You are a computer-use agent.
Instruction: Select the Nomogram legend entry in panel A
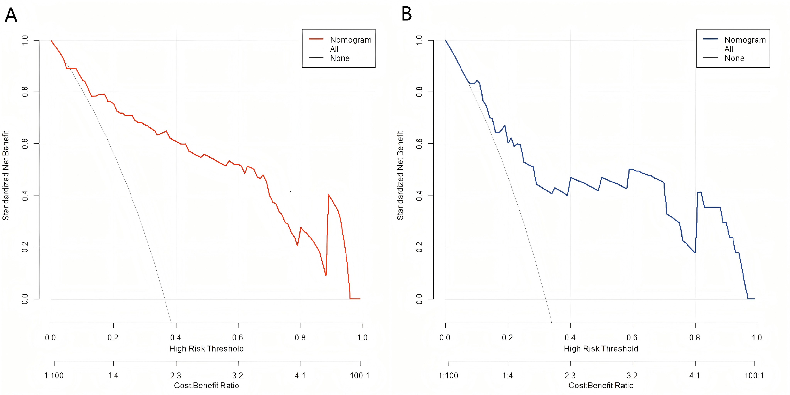(350, 40)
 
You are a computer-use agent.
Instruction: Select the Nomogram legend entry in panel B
(745, 40)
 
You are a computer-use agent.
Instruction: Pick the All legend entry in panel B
(729, 49)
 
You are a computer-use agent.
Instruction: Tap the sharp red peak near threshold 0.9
(328, 195)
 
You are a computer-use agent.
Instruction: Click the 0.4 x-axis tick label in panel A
(176, 337)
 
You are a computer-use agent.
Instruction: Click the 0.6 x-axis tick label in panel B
(632, 337)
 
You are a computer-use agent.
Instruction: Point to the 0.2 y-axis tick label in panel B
(419, 247)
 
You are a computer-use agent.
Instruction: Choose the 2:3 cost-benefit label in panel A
(176, 375)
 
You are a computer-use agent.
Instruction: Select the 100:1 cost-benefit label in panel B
(754, 375)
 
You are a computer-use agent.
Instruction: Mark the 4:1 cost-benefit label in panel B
(695, 375)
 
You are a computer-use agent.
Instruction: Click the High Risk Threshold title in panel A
(206, 349)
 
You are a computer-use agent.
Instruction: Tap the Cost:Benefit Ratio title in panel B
(601, 386)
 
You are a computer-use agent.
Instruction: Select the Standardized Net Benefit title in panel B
(400, 175)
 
